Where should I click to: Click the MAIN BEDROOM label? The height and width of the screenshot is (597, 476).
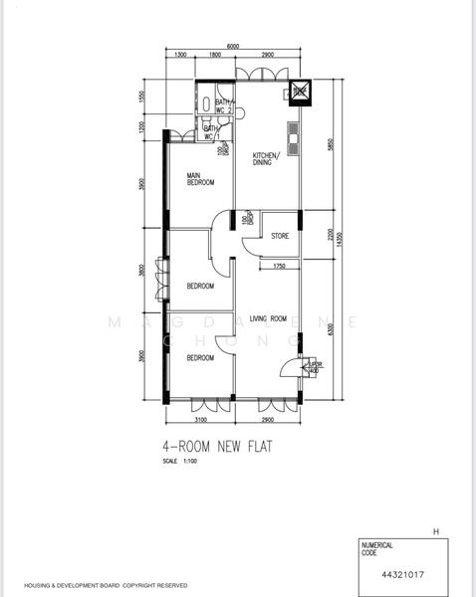click(x=200, y=179)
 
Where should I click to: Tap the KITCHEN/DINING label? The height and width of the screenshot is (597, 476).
click(x=266, y=159)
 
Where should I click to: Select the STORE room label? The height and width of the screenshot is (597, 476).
click(x=280, y=236)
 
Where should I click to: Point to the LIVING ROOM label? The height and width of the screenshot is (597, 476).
click(x=268, y=317)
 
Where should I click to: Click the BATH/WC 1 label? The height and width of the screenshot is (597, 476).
click(x=211, y=131)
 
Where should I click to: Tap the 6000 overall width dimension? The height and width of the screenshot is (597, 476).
click(x=232, y=46)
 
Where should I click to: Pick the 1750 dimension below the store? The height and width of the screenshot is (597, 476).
click(x=279, y=267)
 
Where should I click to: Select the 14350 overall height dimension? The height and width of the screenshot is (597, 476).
click(x=338, y=239)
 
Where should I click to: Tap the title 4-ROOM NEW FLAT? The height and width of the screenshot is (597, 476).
click(x=216, y=447)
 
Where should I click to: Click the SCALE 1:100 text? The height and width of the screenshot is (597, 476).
click(x=180, y=463)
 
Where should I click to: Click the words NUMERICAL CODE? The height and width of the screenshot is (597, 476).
click(x=378, y=548)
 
